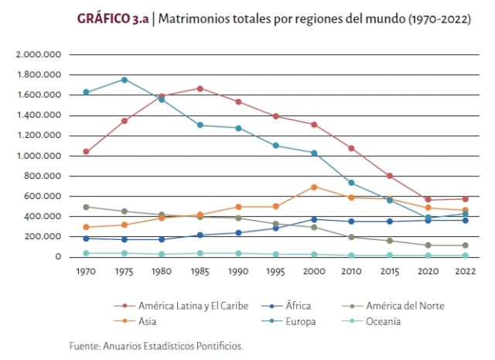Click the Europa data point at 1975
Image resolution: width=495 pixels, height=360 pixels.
[124, 80]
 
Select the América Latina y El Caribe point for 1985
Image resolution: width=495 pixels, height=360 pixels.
[200, 88]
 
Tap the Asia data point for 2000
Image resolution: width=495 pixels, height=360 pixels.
[313, 187]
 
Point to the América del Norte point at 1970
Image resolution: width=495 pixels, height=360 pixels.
[86, 207]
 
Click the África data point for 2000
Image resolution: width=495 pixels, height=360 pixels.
[313, 219]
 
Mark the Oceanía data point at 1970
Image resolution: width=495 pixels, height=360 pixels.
[86, 253]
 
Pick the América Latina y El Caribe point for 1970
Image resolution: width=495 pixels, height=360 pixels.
[86, 152]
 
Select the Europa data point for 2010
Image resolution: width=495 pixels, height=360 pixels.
[351, 183]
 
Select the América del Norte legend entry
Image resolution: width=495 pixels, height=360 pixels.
[406, 306]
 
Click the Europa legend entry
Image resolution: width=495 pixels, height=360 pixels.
[300, 321]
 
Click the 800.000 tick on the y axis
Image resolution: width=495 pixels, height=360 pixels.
[42, 176]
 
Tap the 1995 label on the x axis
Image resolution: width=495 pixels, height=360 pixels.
[275, 271]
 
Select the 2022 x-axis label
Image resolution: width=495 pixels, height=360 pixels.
[465, 271]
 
